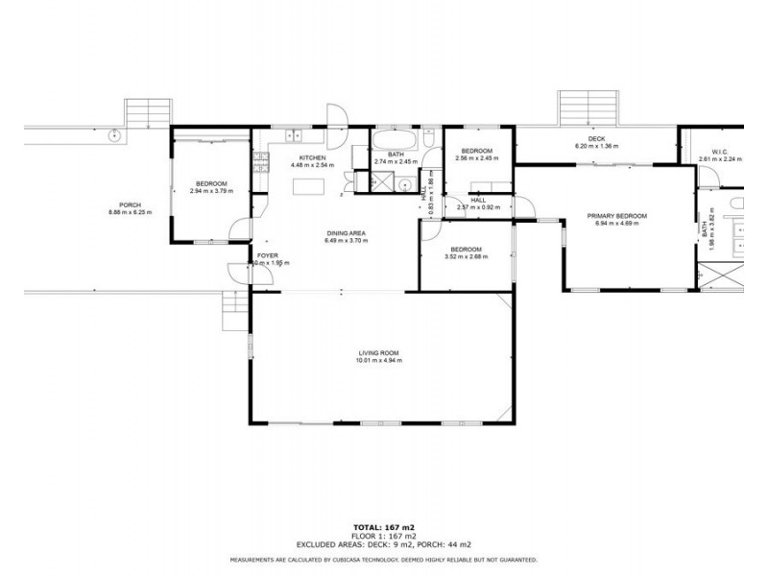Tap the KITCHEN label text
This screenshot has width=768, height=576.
point(314,157)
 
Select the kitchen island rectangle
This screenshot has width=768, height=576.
point(313,186)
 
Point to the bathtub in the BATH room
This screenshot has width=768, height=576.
point(395,141)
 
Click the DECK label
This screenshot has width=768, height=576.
point(596,138)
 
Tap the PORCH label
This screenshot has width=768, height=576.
point(130,204)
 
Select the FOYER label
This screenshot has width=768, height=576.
point(266,255)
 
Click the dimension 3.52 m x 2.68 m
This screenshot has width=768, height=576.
point(466,256)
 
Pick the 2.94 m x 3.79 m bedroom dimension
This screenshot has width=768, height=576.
point(212,191)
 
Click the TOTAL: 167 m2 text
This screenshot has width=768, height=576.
point(383,527)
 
